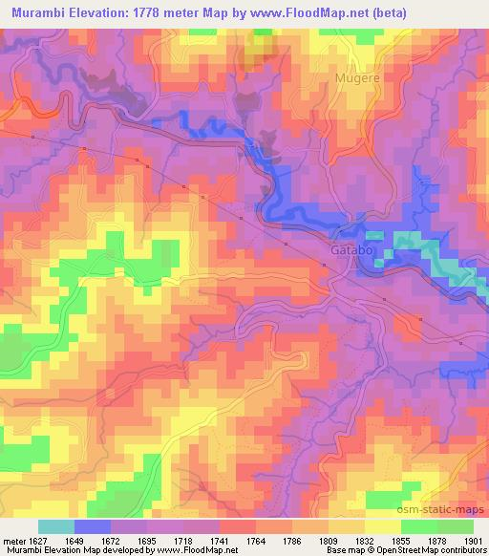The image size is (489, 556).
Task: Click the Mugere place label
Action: point(355,76)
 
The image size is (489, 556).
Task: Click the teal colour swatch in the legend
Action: point(56,526)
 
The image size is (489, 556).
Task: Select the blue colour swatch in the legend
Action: point(93,526)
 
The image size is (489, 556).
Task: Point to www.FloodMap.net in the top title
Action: point(305,12)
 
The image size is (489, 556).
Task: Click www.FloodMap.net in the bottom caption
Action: point(202,549)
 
